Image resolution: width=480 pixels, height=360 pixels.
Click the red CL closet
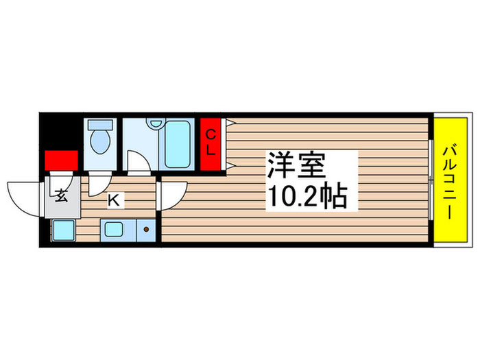[211, 143]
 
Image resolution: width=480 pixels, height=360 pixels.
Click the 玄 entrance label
[61, 196]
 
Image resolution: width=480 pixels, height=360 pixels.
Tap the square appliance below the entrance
[64, 230]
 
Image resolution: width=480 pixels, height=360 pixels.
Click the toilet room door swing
[99, 184]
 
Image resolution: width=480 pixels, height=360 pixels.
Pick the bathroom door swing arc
[139, 165]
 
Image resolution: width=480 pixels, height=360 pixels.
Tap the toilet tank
[101, 126]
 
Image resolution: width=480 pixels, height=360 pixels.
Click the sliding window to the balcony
[431, 180]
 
